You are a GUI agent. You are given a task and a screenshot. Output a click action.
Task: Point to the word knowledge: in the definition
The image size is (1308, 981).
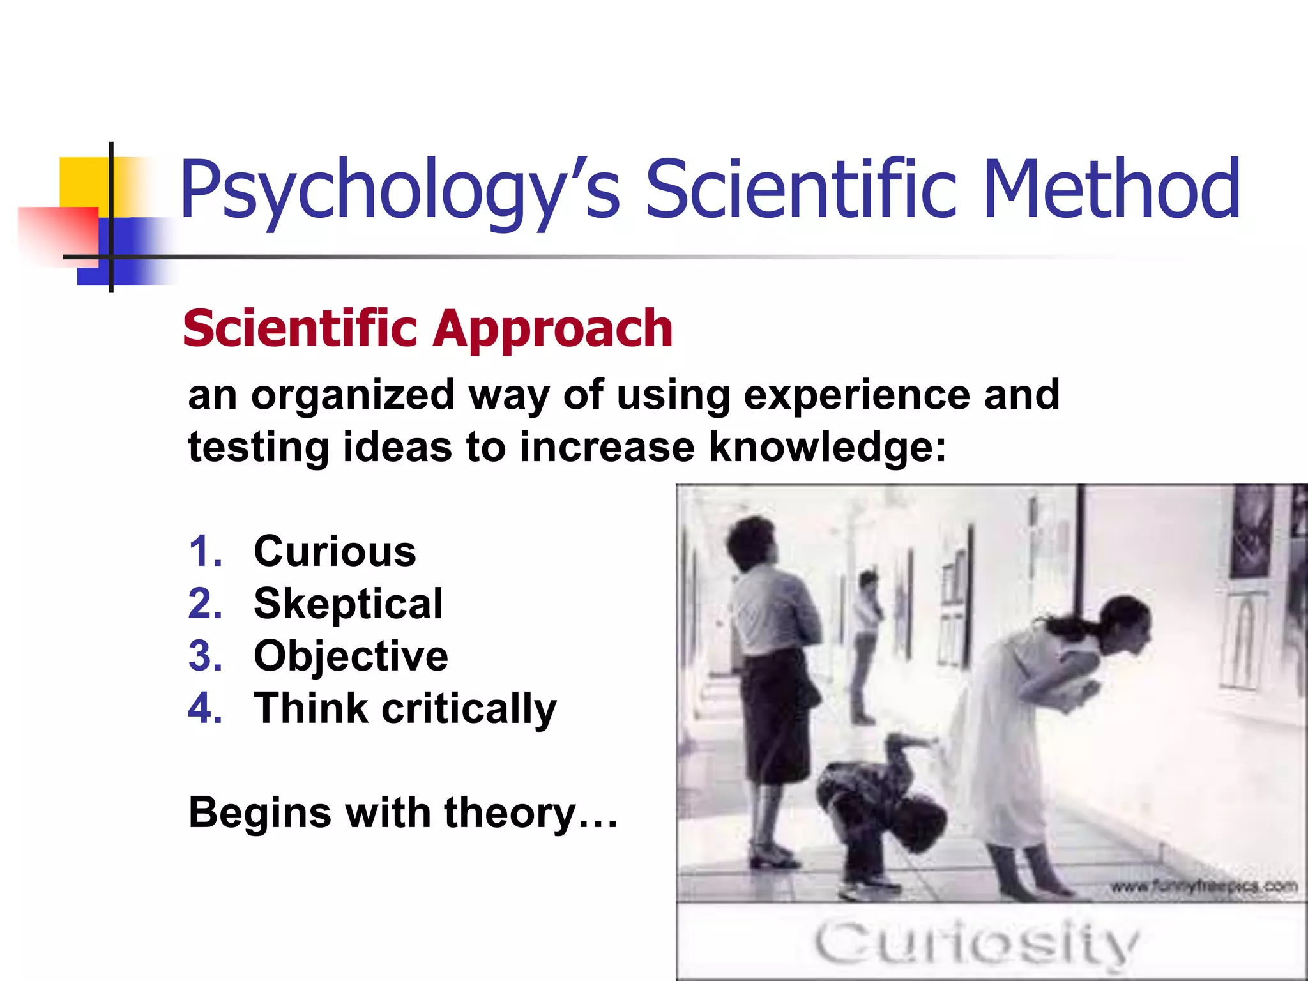click(828, 446)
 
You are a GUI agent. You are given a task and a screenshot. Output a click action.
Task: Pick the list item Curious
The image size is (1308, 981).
click(335, 551)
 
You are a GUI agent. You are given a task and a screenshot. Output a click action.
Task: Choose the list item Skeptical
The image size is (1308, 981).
click(348, 604)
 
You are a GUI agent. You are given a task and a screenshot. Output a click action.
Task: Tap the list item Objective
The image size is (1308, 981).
click(351, 656)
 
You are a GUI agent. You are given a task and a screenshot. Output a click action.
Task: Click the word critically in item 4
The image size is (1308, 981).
click(469, 709)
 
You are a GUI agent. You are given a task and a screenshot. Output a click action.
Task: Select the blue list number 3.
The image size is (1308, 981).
click(204, 656)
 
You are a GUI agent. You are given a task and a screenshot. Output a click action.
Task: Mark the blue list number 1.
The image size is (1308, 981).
click(204, 551)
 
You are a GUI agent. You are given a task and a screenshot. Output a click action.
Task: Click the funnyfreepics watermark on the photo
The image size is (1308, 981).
click(1204, 886)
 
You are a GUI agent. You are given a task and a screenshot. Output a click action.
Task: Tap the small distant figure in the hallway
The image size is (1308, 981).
click(865, 645)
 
